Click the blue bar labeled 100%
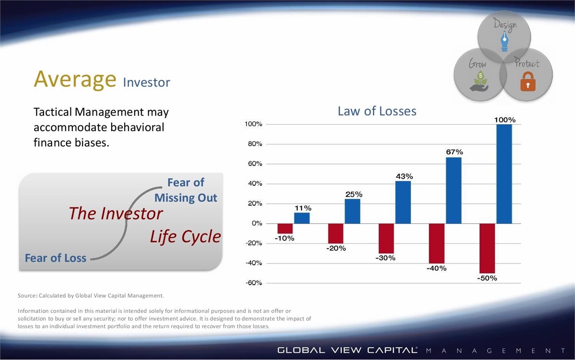tap(504, 174)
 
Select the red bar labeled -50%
tap(487, 248)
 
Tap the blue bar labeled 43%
tap(403, 202)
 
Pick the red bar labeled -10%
tap(285, 229)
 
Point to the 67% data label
tap(454, 152)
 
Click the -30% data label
tap(385, 258)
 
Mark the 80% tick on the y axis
tap(255, 144)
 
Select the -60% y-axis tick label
tap(253, 283)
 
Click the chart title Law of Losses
tap(377, 111)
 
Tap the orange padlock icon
tap(528, 81)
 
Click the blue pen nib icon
tap(505, 41)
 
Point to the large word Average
tap(75, 80)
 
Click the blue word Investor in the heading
tap(146, 82)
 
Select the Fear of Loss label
tap(56, 258)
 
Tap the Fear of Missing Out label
tap(185, 190)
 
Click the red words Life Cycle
tap(185, 236)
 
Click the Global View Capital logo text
tap(347, 350)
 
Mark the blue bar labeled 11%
tap(302, 218)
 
